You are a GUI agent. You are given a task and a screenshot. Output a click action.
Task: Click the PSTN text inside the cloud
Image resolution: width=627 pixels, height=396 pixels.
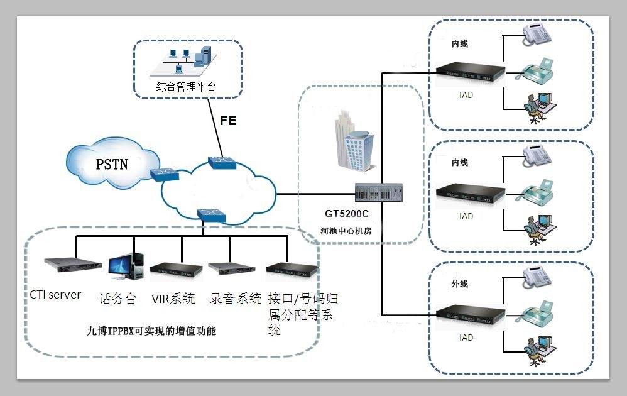pyautogui.click(x=112, y=165)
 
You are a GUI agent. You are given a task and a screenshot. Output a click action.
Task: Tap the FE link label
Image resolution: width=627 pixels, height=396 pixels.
pyautogui.click(x=228, y=120)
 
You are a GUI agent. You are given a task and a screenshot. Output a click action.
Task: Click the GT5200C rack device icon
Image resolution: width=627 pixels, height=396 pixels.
pyautogui.click(x=378, y=192)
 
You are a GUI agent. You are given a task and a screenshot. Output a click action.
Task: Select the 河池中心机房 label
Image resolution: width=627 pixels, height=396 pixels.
pyautogui.click(x=346, y=231)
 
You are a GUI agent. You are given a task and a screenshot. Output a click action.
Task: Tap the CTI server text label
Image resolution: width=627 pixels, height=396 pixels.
pyautogui.click(x=55, y=294)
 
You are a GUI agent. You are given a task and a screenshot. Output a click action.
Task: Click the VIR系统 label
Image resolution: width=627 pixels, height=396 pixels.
pyautogui.click(x=173, y=298)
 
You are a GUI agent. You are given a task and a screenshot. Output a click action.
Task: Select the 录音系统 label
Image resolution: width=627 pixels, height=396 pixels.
pyautogui.click(x=235, y=299)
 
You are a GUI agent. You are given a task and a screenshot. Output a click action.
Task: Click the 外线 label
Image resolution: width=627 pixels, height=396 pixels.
pyautogui.click(x=460, y=283)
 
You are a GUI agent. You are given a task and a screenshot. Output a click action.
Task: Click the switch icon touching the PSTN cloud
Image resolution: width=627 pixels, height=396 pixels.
pyautogui.click(x=165, y=173)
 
